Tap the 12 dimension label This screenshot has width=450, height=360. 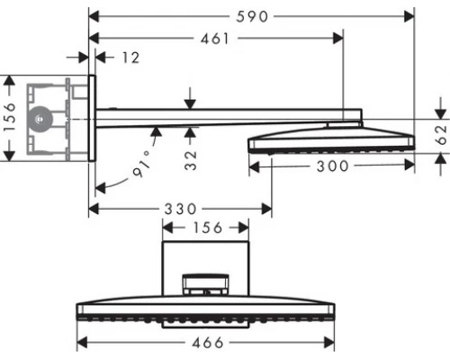[130, 58]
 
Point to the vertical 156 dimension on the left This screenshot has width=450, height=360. [12, 118]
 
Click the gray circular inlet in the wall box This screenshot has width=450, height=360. [39, 117]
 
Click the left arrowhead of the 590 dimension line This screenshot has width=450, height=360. [93, 16]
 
